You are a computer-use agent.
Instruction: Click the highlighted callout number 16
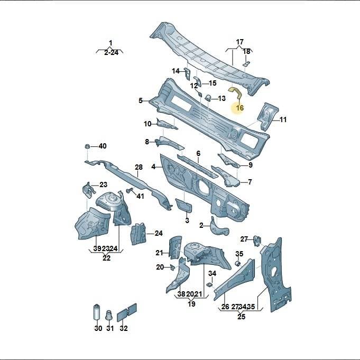click(x=239, y=108)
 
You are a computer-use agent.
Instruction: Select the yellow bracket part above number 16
click(x=236, y=92)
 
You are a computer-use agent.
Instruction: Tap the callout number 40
click(x=103, y=146)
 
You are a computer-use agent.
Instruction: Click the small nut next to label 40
click(x=87, y=146)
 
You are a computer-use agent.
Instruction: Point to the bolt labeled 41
click(x=130, y=190)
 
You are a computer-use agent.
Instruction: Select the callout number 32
click(x=124, y=328)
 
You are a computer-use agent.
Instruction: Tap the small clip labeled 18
click(x=246, y=63)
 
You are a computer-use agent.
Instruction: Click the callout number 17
click(x=239, y=42)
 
